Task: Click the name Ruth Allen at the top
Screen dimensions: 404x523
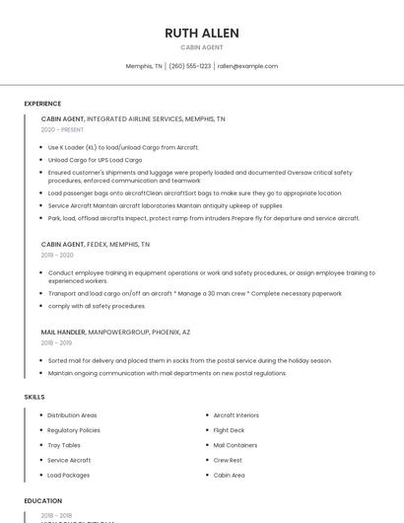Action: (202, 33)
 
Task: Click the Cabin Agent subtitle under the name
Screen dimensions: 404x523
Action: (202, 47)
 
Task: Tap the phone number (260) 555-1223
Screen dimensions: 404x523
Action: (189, 66)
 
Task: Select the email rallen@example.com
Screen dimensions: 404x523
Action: (247, 66)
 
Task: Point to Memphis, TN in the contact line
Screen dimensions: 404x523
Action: (144, 66)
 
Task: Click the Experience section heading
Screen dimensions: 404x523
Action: (42, 104)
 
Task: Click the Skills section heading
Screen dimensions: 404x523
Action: (34, 397)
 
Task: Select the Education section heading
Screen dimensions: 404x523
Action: (43, 501)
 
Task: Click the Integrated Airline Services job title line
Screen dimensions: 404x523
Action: (133, 118)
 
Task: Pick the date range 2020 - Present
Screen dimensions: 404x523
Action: (62, 129)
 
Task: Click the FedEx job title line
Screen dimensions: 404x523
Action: (96, 244)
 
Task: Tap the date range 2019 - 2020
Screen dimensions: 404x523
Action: (57, 255)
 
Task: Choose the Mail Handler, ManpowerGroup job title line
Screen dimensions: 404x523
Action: (115, 333)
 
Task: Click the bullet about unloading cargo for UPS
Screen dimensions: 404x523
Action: (95, 159)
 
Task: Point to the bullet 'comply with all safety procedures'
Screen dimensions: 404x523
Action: (97, 306)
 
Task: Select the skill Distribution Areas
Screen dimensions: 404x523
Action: (72, 415)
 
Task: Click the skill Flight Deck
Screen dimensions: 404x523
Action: (229, 430)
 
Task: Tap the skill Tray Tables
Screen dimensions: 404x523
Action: (64, 445)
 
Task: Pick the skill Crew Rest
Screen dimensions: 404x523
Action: (228, 460)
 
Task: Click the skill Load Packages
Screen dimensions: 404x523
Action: (68, 475)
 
